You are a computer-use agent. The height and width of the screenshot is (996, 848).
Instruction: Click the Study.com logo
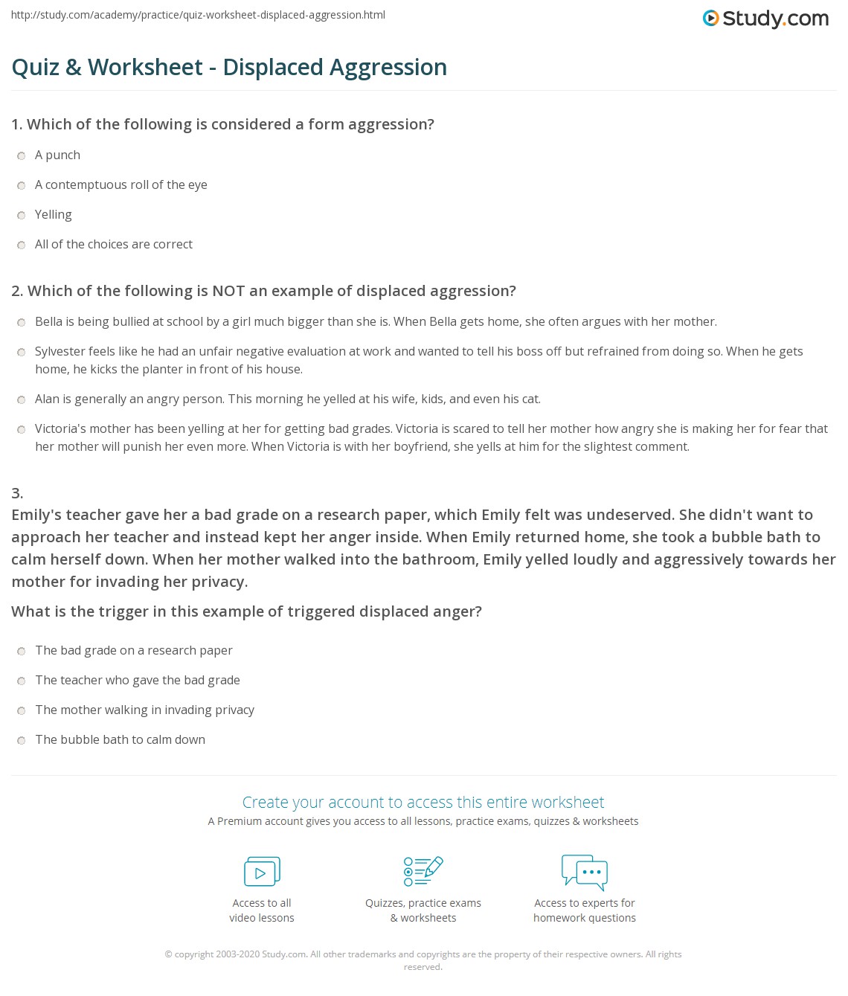(765, 19)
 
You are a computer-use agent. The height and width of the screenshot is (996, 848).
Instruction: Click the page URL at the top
(198, 15)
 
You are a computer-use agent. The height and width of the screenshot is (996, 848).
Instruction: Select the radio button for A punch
(22, 155)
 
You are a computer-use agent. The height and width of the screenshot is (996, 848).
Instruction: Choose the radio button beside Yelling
(22, 215)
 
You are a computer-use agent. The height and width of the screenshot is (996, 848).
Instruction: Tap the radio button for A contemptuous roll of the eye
(22, 185)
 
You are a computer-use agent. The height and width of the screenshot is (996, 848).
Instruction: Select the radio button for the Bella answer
(22, 322)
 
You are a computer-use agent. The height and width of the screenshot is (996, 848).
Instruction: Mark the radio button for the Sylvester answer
(22, 352)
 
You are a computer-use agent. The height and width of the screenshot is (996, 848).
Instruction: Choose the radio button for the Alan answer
(22, 399)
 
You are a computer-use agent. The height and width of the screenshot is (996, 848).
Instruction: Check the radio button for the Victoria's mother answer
(22, 429)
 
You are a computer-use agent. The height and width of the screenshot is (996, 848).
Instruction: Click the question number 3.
(17, 492)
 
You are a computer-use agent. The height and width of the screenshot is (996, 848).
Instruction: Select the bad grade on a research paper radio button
(22, 651)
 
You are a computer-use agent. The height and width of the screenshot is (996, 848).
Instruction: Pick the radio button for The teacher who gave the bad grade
(22, 681)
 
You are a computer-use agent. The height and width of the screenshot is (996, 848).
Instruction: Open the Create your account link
(423, 802)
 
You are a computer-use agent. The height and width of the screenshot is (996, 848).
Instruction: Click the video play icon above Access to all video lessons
(262, 872)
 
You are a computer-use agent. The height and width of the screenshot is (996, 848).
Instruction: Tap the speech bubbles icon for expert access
(585, 872)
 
